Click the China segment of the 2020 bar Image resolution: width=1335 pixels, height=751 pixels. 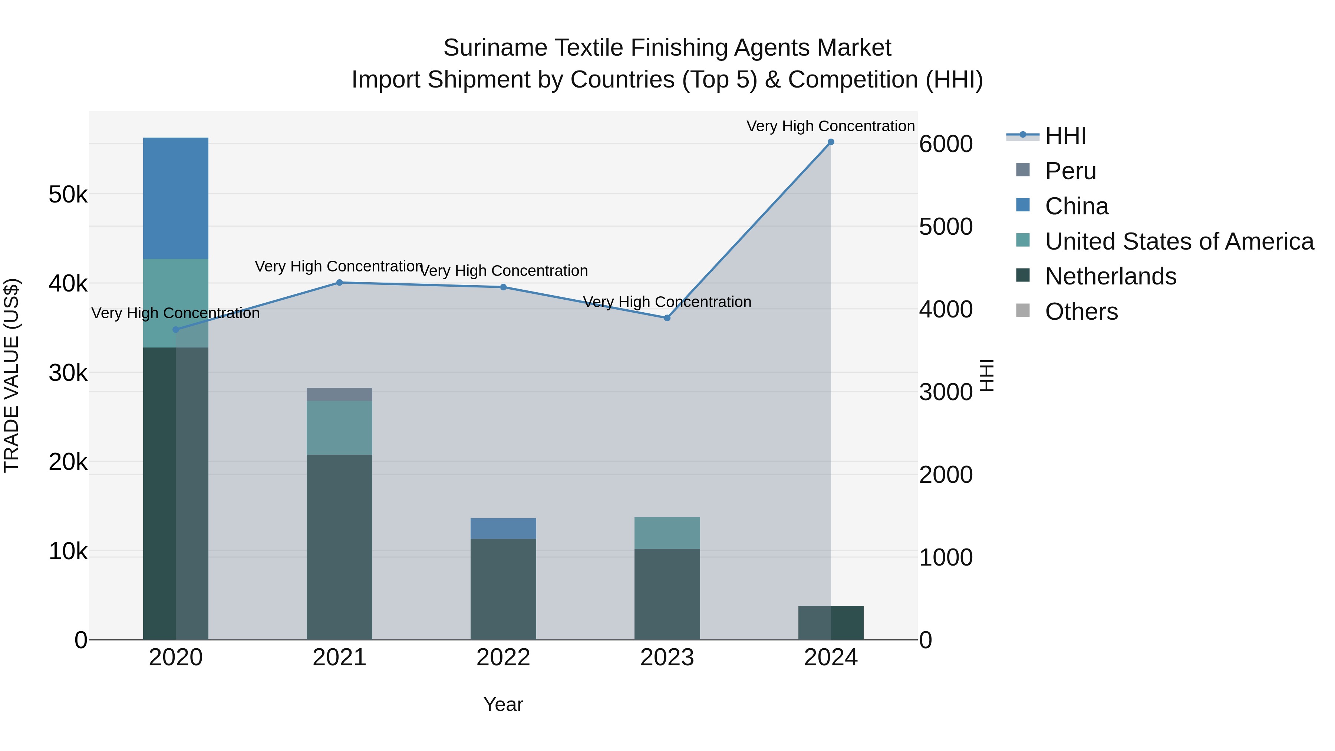coord(176,198)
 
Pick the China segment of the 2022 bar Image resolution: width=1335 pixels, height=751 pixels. coord(503,528)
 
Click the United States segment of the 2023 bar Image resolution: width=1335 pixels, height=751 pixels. coord(667,533)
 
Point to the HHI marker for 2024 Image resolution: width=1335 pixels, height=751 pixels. coord(831,142)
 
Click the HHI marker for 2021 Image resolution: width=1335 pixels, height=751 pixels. coord(339,283)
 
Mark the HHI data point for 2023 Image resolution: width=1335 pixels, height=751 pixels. coord(667,318)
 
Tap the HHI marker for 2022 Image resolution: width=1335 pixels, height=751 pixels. coord(503,287)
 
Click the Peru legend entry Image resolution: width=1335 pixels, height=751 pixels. coord(1071,171)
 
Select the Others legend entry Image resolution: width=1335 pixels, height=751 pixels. coord(1081,312)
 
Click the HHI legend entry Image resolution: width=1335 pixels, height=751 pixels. coord(1065,136)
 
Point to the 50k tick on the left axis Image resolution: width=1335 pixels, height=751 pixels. coord(68,195)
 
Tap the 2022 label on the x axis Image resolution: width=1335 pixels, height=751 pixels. coord(503,658)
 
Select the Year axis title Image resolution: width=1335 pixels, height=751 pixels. coord(503,704)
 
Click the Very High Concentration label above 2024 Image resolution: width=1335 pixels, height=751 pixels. coord(830,126)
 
